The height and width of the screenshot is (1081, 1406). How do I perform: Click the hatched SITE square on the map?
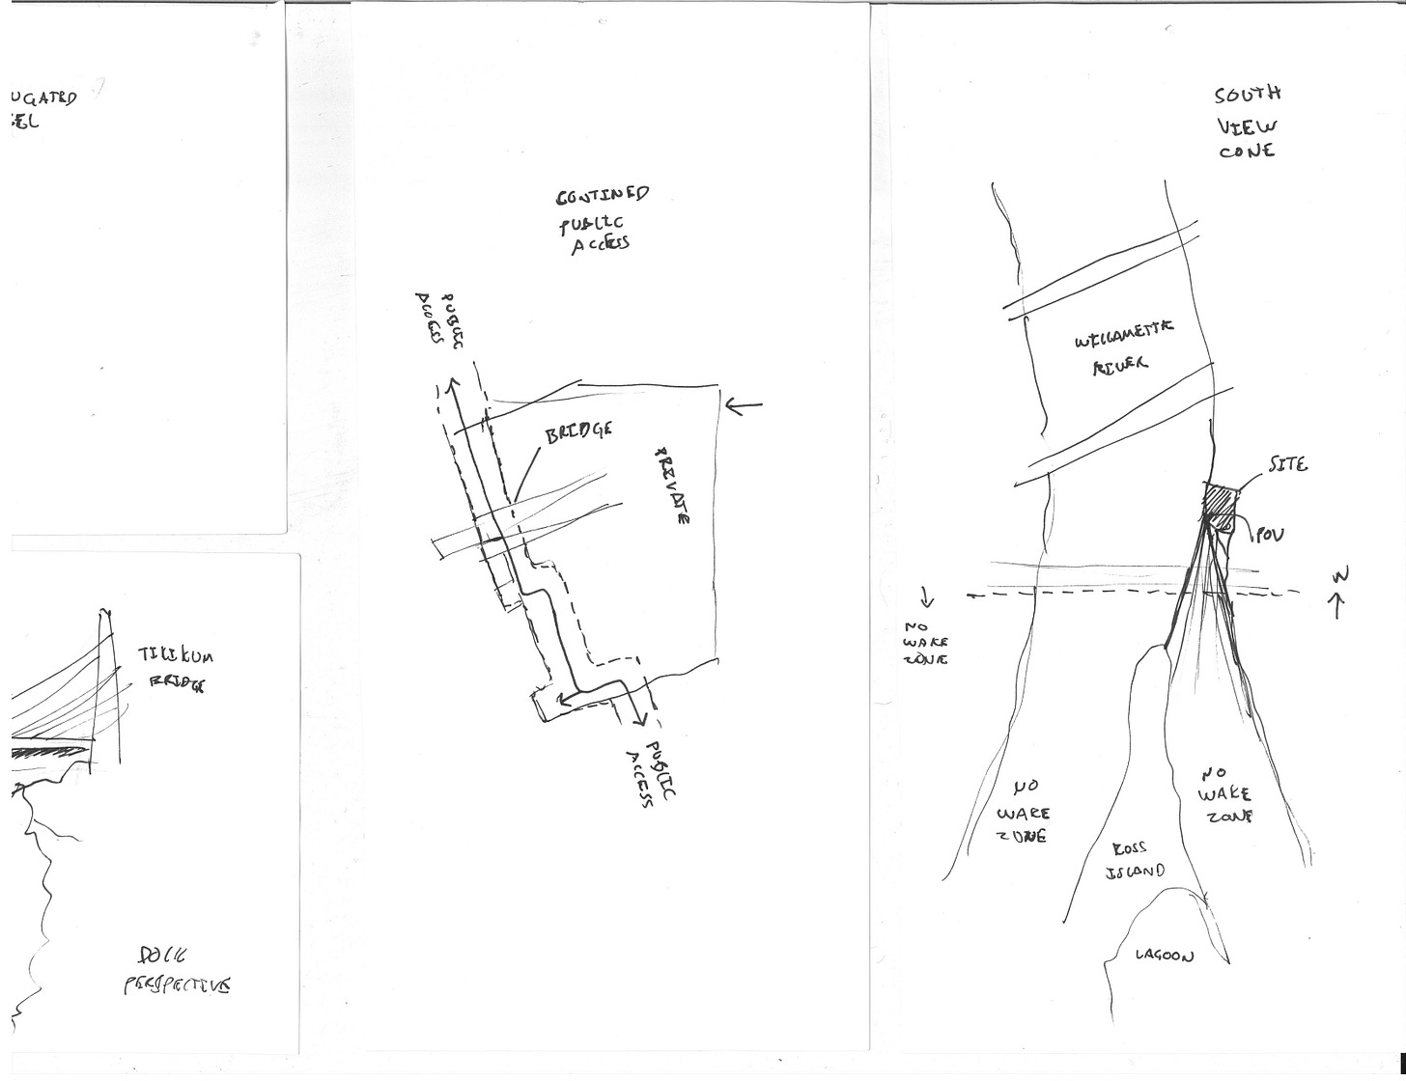(x=1221, y=506)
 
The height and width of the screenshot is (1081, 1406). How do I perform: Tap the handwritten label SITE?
(x=1288, y=465)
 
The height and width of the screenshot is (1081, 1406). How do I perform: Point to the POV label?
(x=1270, y=535)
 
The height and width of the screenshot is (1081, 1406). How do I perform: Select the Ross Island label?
(x=1134, y=860)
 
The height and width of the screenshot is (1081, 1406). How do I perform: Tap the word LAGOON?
(x=1164, y=956)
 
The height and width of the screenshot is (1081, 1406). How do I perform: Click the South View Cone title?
(x=1247, y=123)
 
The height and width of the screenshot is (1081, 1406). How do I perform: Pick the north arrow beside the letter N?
(x=1338, y=605)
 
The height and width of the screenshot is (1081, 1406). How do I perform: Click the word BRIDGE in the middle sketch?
(x=578, y=432)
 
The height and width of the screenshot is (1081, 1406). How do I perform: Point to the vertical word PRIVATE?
(x=672, y=485)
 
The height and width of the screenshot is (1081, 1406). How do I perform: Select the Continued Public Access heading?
(x=600, y=219)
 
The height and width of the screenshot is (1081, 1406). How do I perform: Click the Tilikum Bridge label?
(x=175, y=669)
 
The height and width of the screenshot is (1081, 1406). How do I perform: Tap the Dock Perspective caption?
(x=176, y=971)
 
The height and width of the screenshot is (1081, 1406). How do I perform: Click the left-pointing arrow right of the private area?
(x=743, y=406)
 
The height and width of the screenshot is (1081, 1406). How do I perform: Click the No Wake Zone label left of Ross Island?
(x=1024, y=813)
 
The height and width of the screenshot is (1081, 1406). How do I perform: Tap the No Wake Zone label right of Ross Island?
(x=1224, y=794)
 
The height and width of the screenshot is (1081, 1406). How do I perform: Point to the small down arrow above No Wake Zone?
(x=927, y=597)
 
